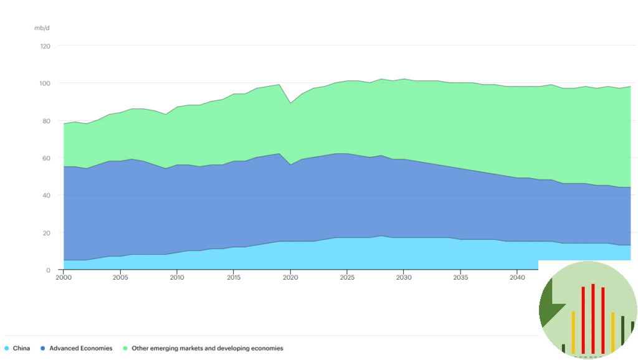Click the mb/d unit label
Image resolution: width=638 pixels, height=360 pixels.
tap(41, 28)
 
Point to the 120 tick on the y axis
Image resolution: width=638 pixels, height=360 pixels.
tap(45, 46)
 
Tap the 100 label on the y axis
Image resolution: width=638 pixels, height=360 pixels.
tap(45, 83)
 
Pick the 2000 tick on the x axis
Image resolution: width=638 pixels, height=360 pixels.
tap(64, 277)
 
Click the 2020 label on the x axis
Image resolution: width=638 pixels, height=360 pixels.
tap(290, 277)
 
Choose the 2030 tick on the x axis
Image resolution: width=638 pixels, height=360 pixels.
tap(404, 277)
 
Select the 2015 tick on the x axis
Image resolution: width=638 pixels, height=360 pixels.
tap(234, 277)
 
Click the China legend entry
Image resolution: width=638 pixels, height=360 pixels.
tap(21, 348)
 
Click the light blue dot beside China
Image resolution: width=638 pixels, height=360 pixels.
tap(6, 348)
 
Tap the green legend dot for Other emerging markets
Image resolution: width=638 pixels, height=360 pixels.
tap(125, 348)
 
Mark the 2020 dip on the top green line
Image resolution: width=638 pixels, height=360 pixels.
tap(290, 103)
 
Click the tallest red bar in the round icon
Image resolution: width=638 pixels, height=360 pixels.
tap(593, 318)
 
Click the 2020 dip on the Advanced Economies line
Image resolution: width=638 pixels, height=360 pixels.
tap(290, 164)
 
